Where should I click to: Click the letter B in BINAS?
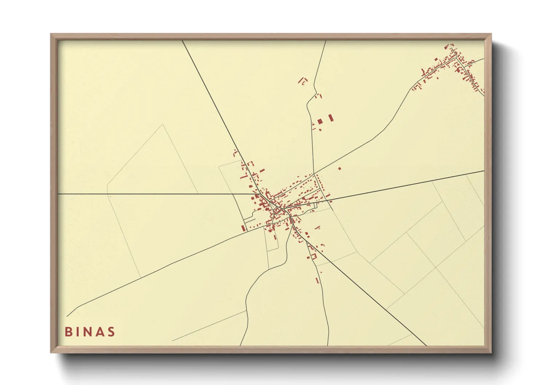point(68,332)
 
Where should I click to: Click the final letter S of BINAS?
point(111,332)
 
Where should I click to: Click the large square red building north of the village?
point(320,121)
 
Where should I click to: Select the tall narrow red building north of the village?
point(331,118)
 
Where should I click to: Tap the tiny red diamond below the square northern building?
point(320,130)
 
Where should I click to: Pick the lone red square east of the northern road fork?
point(339,168)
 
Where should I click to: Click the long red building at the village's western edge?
point(243,228)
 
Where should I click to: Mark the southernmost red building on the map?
point(317,281)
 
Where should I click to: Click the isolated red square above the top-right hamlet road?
point(436,59)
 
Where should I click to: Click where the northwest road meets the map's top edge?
point(182,41)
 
